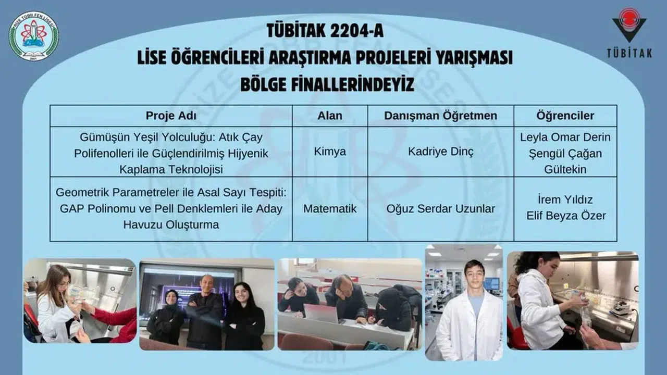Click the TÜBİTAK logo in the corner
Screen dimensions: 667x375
(629, 32)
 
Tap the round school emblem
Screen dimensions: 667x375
(34, 36)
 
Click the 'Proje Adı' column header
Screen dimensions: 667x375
(171, 116)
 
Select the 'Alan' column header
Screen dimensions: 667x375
(330, 116)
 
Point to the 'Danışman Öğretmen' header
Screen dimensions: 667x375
(441, 116)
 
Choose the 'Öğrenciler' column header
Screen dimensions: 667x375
(565, 116)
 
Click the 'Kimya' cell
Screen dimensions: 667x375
(330, 152)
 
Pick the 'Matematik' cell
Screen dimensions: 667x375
(330, 209)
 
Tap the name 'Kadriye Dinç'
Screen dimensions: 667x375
(441, 152)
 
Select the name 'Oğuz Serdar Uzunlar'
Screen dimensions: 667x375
(441, 209)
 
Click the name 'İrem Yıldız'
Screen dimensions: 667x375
(565, 199)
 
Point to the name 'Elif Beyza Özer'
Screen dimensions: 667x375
(566, 216)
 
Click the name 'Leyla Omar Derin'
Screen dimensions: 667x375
(565, 137)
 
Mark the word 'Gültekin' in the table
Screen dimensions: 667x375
(565, 169)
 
